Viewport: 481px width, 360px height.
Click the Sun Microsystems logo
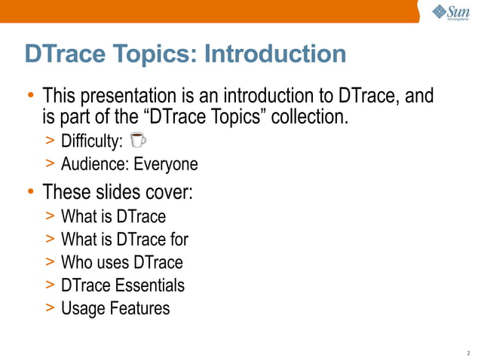click(x=450, y=14)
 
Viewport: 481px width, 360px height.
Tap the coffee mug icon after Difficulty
click(x=137, y=139)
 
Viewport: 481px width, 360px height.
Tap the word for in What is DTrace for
click(x=179, y=239)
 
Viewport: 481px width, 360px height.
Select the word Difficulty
click(x=92, y=140)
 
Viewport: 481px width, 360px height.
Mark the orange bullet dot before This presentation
click(x=30, y=96)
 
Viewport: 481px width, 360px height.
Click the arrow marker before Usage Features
click(x=49, y=310)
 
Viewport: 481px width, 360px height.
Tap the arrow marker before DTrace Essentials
click(x=49, y=286)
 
